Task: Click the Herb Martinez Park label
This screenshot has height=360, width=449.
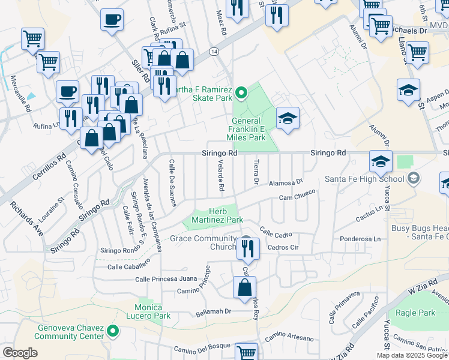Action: pos(217,216)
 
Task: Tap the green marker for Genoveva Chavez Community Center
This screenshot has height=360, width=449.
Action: pos(112,331)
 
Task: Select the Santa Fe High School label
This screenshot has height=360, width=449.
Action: pos(364,178)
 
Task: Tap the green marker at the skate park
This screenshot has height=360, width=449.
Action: pos(241,92)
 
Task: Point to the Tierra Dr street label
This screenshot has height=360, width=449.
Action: pos(256,172)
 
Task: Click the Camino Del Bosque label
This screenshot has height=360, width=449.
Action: pos(199,350)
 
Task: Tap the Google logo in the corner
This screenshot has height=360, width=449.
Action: pos(20,353)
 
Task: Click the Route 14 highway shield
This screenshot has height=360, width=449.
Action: pos(214,53)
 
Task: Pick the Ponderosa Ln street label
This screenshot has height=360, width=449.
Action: pos(360,238)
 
